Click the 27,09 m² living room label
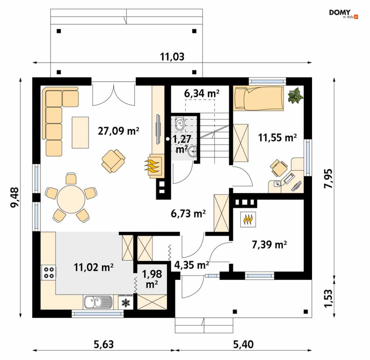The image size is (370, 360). tap(119, 131)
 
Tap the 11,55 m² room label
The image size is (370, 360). tap(277, 137)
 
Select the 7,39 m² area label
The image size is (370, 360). tap(269, 245)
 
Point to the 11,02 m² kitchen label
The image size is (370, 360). tap(94, 267)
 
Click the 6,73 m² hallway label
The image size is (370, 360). tap(188, 213)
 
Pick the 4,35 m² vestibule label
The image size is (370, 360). tap(192, 265)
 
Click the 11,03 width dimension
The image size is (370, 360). tap(172, 57)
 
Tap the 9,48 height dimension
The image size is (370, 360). tap(15, 197)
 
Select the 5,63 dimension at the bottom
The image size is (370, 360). tap(104, 344)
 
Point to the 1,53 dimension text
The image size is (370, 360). tap(328, 299)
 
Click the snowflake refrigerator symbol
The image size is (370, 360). tap(126, 303)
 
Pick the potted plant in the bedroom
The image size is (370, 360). tap(295, 95)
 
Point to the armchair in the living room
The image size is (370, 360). tap(113, 161)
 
